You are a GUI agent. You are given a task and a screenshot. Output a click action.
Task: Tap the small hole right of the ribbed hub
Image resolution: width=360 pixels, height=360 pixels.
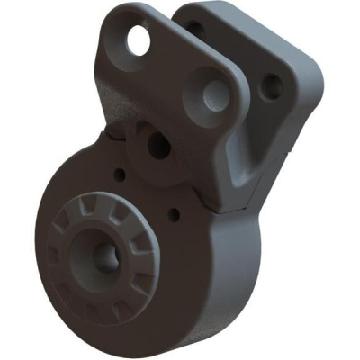click(x=174, y=215)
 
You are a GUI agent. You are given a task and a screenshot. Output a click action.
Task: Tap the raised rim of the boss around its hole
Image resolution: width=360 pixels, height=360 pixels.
click(x=144, y=135)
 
